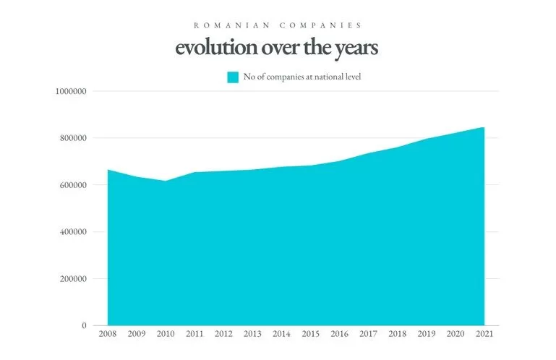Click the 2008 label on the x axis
[108, 335]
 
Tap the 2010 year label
[166, 335]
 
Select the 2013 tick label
[252, 335]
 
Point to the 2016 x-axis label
[339, 335]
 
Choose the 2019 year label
[427, 335]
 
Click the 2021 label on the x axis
[484, 335]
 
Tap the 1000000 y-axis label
[71, 91]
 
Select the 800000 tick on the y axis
[73, 138]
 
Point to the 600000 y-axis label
[73, 185]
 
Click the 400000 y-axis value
[73, 232]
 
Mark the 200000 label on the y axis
[73, 279]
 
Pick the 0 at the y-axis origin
[85, 326]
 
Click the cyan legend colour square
[233, 77]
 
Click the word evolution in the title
[211, 48]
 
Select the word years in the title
[353, 48]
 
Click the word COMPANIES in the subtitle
[320, 25]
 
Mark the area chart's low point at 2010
[166, 181]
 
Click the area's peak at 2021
[483, 128]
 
